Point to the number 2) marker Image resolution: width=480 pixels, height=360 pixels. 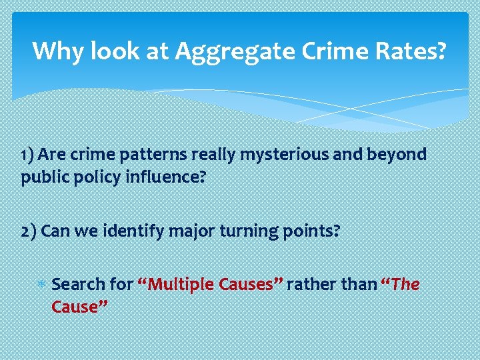click(x=29, y=231)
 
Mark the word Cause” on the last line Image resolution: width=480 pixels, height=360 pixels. click(x=79, y=307)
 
